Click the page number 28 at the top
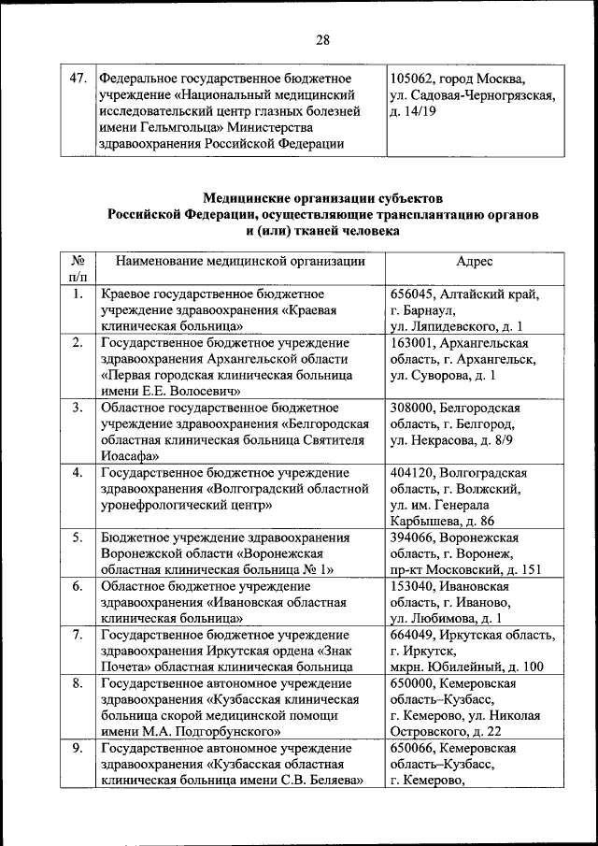(x=322, y=39)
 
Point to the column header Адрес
(x=475, y=261)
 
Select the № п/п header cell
(x=78, y=269)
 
